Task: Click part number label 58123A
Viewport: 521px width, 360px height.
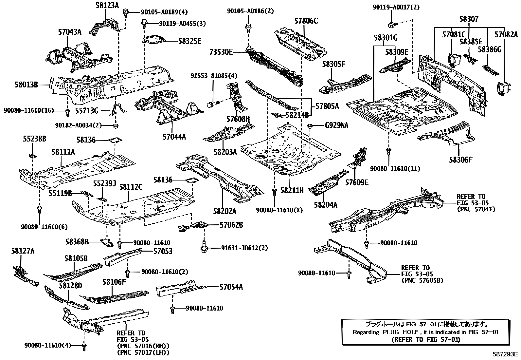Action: coord(107,5)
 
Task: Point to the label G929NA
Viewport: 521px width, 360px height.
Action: coord(337,125)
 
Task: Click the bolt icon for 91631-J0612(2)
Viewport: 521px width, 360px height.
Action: coord(204,248)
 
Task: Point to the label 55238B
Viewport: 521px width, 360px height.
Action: coord(34,139)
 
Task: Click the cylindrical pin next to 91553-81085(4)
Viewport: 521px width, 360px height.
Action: coord(210,104)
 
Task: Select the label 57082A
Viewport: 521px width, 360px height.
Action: coord(506,34)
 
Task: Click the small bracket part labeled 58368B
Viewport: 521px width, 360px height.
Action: coord(107,243)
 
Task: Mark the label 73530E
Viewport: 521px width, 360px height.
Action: coord(222,52)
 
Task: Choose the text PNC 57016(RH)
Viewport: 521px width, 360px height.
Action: coord(143,346)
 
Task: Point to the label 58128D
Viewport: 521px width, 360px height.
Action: coord(70,285)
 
